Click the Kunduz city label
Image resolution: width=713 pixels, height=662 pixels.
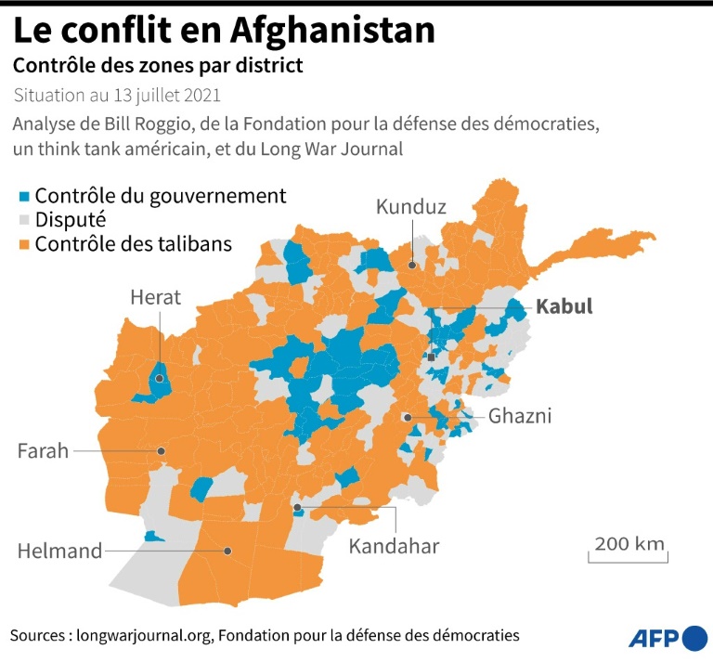coord(411,207)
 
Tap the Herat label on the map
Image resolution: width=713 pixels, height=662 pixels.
coord(156,298)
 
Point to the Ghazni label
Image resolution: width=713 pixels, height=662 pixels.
coord(520,416)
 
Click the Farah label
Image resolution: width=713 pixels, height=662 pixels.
coord(43,451)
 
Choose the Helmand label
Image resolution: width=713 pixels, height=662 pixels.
coord(59,552)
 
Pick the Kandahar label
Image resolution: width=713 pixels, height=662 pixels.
coord(394,546)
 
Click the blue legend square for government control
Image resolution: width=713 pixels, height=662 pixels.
coord(24,197)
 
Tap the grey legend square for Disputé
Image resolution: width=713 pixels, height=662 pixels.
coord(24,221)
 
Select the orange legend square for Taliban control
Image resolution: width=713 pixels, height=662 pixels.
coord(24,244)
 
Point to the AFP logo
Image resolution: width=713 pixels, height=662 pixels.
coord(667,638)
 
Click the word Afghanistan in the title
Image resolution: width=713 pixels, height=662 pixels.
coord(331,31)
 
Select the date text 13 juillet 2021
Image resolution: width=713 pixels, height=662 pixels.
coord(164,95)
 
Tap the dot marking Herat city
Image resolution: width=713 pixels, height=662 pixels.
coord(160,378)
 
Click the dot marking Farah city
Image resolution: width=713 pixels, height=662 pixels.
coord(162,451)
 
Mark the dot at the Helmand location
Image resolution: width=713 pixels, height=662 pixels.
coord(227,551)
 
